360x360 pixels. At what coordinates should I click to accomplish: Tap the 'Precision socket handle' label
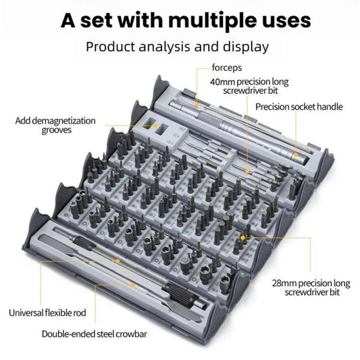point(299,107)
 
